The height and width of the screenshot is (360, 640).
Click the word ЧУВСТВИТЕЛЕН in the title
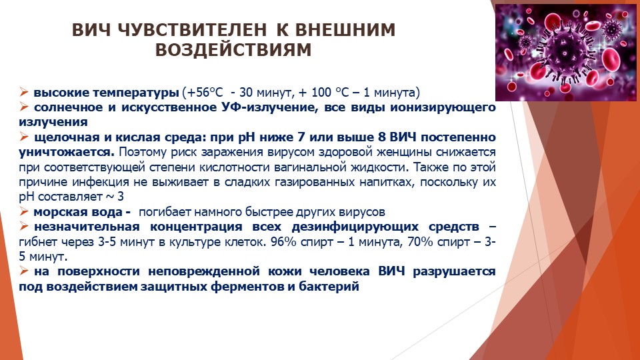pyautogui.click(x=192, y=30)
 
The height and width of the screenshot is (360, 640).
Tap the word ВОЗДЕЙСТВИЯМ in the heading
pyautogui.click(x=233, y=50)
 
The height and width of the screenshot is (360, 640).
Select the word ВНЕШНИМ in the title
pyautogui.click(x=345, y=30)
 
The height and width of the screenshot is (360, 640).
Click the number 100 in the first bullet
pyautogui.click(x=321, y=93)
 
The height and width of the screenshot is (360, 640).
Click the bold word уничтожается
pyautogui.click(x=67, y=152)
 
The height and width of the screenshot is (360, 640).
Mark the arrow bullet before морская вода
pyautogui.click(x=24, y=211)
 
